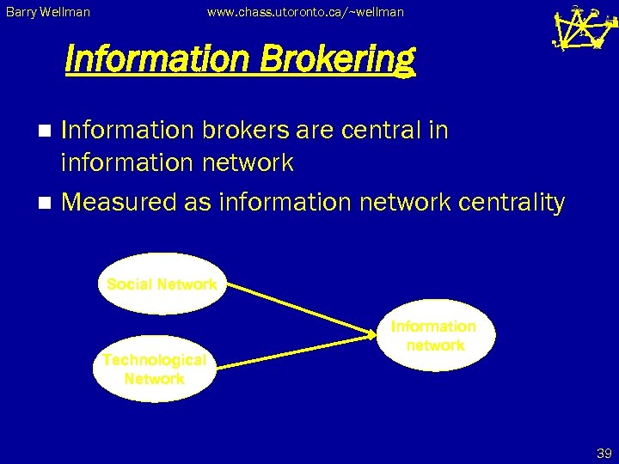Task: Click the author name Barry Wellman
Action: (47, 12)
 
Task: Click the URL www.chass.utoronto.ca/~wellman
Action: (305, 12)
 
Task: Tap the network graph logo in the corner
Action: (583, 28)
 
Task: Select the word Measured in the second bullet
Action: (120, 203)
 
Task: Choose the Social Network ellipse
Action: (162, 284)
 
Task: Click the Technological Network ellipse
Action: (155, 369)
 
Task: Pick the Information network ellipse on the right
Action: (434, 335)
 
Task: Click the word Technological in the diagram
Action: (155, 360)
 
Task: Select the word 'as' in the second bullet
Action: (199, 203)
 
